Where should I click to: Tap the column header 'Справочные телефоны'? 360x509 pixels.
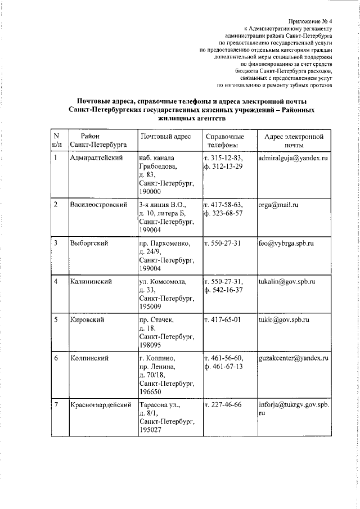[224, 141]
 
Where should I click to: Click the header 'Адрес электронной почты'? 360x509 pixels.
[294, 141]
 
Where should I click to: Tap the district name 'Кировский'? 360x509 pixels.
[88, 319]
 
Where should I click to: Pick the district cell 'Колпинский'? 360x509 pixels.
[89, 358]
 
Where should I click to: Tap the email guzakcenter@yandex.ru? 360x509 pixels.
[294, 358]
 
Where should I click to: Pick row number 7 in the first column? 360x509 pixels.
[56, 404]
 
